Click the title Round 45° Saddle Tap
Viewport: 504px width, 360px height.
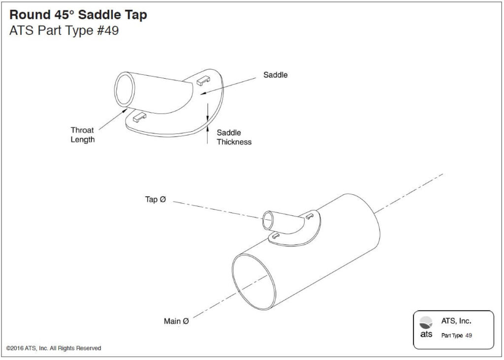tap(78, 15)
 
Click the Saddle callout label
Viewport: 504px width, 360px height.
tap(275, 75)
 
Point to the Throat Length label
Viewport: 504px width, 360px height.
tap(82, 135)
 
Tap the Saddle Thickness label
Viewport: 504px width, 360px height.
tap(234, 137)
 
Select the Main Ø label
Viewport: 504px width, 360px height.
tap(176, 321)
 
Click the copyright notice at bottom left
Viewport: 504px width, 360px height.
tap(54, 348)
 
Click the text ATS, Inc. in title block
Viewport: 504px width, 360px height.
tap(456, 321)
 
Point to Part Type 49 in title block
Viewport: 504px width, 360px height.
tap(456, 335)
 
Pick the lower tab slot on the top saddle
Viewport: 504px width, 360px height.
tap(140, 117)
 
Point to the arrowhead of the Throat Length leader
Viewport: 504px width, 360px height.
tap(127, 110)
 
